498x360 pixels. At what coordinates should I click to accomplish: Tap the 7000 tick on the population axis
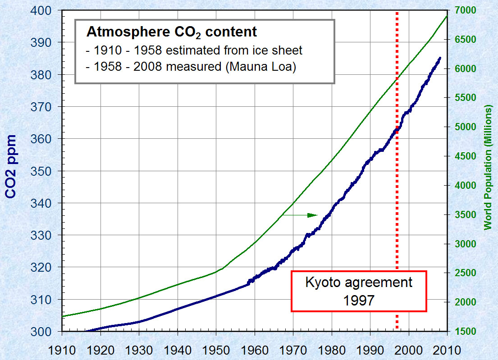pos(463,10)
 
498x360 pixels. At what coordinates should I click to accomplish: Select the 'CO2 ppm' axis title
pos(11,167)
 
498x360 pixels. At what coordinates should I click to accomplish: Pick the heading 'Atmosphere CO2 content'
pos(171,32)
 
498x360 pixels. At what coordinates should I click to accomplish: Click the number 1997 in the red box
pos(359,300)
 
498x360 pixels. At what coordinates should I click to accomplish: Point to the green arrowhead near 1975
pos(313,215)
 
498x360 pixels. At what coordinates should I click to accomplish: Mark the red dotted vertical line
pos(397,203)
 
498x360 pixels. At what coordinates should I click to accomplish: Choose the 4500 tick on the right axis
pos(463,156)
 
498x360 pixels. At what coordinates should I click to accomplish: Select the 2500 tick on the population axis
pos(463,273)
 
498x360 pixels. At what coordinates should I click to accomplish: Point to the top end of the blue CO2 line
pos(440,58)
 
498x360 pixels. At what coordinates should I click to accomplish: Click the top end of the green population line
pos(447,16)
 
